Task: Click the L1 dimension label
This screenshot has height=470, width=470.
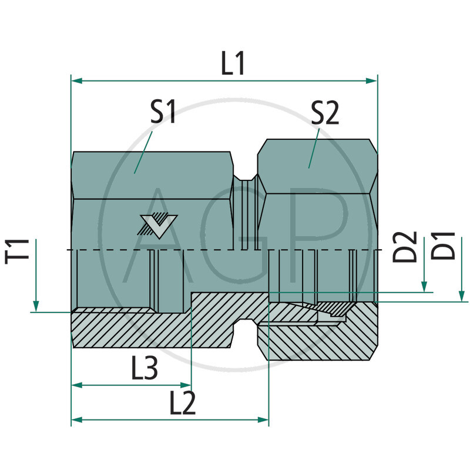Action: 233,64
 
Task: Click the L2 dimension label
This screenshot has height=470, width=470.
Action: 183,404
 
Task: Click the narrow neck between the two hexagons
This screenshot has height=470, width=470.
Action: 246,211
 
